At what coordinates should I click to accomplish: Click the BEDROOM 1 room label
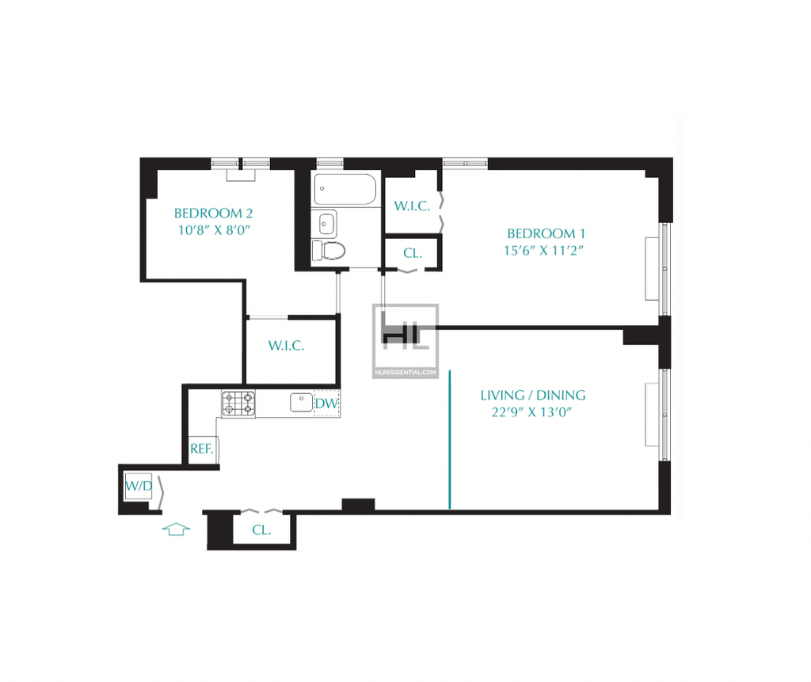546,233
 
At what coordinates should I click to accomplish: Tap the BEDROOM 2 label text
213,213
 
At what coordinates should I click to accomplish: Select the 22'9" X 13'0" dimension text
531,411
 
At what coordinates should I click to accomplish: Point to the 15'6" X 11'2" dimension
543,250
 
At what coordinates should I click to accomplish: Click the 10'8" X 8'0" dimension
214,230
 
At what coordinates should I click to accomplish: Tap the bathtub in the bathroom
345,189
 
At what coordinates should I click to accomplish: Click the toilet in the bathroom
329,251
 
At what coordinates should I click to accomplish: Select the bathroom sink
327,224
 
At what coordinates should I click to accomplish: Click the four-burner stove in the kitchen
238,404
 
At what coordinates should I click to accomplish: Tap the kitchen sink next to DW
301,403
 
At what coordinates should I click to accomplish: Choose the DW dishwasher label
326,403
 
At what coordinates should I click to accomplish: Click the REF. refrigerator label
202,449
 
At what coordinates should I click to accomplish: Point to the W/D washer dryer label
139,486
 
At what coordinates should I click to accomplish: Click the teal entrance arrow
176,529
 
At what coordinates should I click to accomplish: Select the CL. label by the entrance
261,530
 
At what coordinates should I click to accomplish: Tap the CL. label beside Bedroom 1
413,253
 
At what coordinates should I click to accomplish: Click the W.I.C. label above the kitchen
286,346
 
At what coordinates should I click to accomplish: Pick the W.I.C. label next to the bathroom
412,206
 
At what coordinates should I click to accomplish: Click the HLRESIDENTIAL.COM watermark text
405,373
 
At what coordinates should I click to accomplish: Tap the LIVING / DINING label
533,396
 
